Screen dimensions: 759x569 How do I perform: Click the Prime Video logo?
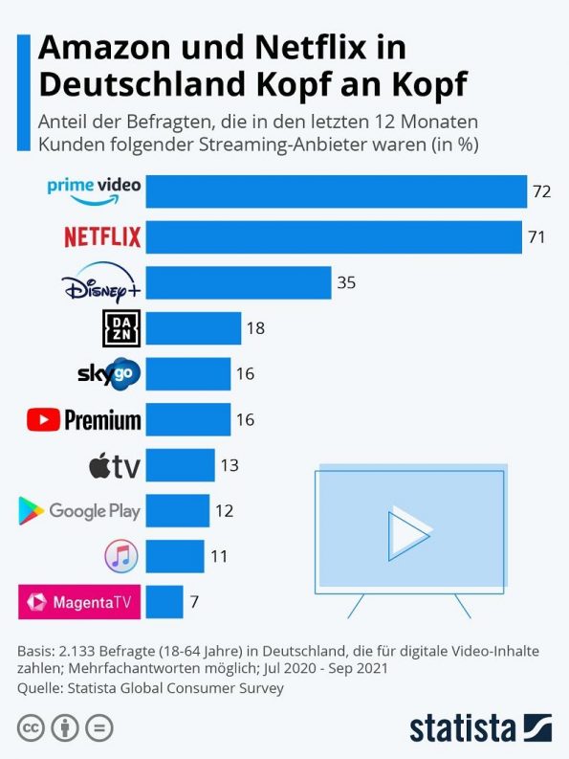click(94, 190)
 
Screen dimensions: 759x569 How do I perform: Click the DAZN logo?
click(120, 328)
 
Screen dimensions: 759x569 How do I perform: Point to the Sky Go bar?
click(189, 373)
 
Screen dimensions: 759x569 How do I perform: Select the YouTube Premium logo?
click(84, 419)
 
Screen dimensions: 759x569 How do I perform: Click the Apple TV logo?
click(114, 466)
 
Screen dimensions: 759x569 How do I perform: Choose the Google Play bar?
click(179, 511)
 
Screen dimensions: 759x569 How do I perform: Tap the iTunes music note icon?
click(121, 555)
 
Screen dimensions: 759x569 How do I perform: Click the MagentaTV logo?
click(80, 601)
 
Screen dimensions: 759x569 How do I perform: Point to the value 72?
click(541, 191)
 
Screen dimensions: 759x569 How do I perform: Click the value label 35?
click(345, 283)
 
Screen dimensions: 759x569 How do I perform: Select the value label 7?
click(195, 602)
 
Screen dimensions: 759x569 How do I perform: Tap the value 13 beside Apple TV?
click(229, 465)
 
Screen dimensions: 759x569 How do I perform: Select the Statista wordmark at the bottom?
click(462, 727)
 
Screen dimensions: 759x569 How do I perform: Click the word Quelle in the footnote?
click(39, 687)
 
